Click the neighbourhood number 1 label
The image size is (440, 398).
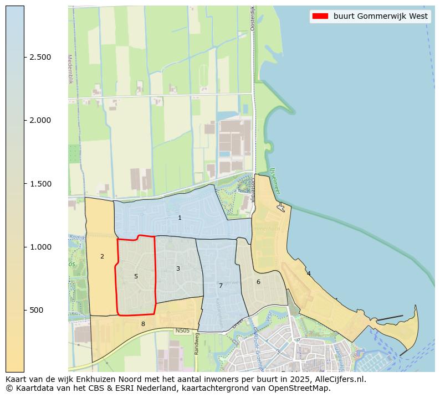click(180, 218)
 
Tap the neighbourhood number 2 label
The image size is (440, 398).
click(102, 257)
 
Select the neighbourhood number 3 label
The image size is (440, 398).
click(178, 269)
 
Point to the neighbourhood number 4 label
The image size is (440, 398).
click(309, 273)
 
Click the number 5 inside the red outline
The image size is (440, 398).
click(136, 276)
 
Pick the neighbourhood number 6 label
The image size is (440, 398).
click(258, 282)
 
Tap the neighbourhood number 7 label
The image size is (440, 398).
click(221, 286)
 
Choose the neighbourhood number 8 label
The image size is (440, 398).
click(143, 324)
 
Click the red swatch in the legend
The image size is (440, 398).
click(320, 17)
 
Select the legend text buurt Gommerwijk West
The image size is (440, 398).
click(380, 17)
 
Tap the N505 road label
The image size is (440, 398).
click(182, 331)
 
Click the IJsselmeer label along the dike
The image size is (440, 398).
click(275, 181)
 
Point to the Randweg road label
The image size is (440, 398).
click(196, 347)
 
